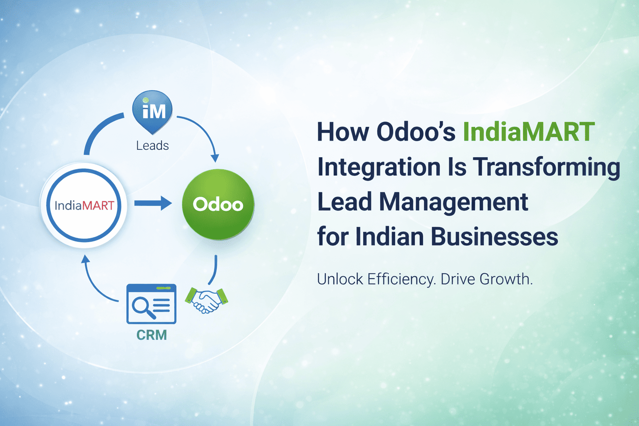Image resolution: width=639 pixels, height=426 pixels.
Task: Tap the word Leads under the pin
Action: coord(152,146)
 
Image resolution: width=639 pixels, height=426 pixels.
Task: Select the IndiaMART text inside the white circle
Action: coord(84,206)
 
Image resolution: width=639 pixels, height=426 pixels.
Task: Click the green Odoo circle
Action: coord(218,204)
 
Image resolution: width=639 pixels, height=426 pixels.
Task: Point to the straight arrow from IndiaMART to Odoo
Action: coord(153,203)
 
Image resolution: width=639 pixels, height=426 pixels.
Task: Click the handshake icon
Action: coord(206,301)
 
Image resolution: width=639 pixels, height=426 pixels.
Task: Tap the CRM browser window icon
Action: coord(151,304)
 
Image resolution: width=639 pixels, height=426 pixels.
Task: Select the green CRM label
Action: coord(151,335)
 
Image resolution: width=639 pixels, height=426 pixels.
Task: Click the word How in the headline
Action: coord(343,132)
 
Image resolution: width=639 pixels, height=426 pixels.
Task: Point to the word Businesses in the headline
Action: coord(494,237)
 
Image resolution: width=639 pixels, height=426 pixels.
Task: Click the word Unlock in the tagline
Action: coord(340,279)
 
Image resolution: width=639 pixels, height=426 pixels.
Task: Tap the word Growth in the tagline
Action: coord(506,279)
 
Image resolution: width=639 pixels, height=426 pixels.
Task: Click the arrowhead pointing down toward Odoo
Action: coord(215,158)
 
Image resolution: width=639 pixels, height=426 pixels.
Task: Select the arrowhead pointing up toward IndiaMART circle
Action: coord(85,259)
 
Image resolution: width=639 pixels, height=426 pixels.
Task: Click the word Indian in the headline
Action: coord(390,237)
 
